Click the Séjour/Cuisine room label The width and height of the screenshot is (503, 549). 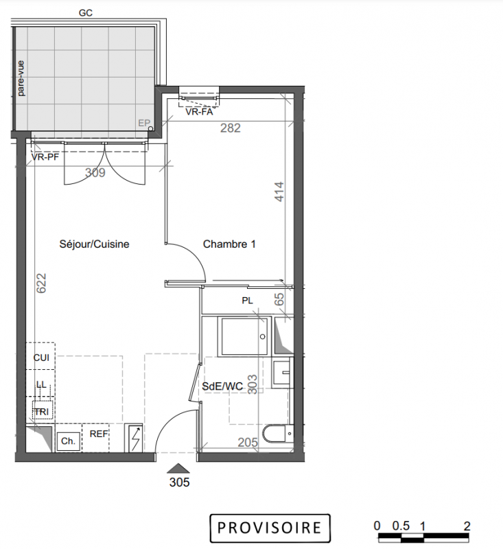point(94,244)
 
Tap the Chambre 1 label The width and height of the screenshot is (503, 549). point(229,244)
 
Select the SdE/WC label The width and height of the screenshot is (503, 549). point(222,386)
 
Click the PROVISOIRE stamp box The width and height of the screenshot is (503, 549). point(270,528)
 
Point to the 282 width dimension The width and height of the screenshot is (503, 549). point(231,128)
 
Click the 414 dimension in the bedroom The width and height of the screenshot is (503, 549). point(279,191)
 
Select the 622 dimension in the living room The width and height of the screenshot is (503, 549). point(41,283)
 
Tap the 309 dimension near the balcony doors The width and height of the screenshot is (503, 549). point(95,172)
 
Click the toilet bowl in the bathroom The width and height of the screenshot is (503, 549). point(279,434)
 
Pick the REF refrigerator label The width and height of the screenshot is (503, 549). point(99,434)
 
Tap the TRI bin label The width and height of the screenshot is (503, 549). point(42,412)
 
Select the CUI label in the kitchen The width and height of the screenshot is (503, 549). point(41,358)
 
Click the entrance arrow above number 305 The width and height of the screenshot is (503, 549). point(178,469)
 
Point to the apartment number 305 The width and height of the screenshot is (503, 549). point(179,482)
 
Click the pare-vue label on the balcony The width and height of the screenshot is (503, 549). point(21,78)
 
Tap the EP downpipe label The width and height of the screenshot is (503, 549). point(144,124)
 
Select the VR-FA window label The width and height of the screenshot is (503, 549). point(199,112)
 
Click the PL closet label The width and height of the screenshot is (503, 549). point(247,301)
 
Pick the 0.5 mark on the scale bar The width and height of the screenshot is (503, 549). point(401,526)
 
